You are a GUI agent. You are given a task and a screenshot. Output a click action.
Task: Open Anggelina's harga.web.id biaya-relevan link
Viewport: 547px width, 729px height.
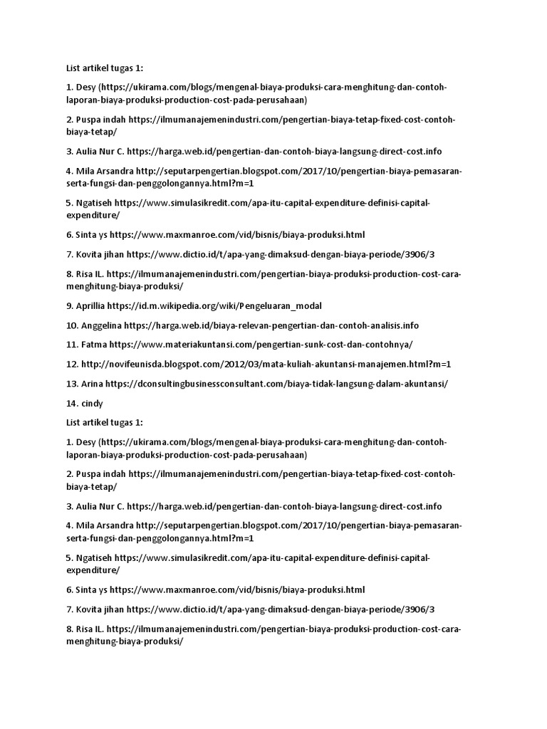pos(271,325)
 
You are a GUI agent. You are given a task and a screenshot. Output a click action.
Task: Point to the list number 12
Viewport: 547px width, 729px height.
pos(72,364)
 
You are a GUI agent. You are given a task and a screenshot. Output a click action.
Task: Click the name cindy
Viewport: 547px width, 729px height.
pos(93,403)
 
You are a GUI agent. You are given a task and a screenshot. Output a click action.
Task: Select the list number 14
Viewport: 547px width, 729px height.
pos(72,403)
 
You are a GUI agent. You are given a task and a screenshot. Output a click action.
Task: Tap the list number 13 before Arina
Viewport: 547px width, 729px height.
pos(72,383)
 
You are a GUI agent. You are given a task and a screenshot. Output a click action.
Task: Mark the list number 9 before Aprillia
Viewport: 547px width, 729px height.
pos(70,306)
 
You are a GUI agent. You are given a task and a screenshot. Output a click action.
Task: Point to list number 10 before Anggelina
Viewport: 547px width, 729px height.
pos(72,325)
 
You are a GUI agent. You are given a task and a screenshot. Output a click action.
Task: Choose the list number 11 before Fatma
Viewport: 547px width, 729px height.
pos(72,345)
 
